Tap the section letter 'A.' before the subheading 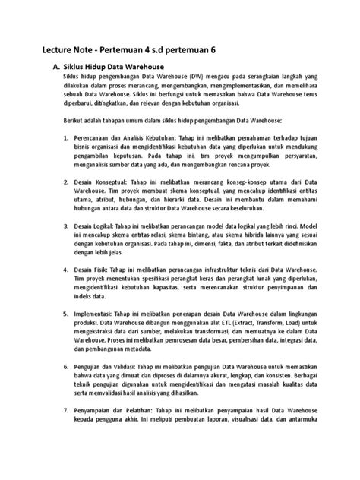pyautogui.click(x=53, y=67)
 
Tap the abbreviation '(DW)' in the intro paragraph pyautogui.click(x=198, y=78)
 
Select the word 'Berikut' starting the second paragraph pyautogui.click(x=75, y=120)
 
